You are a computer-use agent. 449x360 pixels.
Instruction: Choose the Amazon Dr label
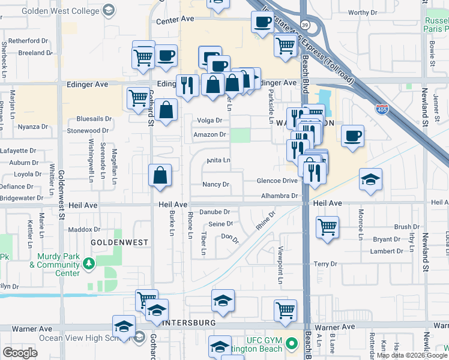coord(209,134)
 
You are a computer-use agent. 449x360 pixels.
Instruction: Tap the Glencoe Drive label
coord(277,181)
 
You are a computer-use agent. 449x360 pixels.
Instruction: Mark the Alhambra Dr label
coord(280,196)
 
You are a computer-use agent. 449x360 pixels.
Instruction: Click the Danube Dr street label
coord(215,212)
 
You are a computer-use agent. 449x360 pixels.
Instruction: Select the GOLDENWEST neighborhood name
coord(119,242)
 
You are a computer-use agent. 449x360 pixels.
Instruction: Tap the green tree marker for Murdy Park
coord(89,262)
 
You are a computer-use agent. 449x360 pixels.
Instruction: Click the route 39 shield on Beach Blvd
coord(306,24)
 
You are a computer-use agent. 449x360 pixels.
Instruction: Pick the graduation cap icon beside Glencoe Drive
coord(370,179)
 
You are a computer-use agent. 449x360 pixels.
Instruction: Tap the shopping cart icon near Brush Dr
coord(327,227)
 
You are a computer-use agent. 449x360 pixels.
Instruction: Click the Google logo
coord(20,353)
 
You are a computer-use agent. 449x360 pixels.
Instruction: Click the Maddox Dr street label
coord(84,229)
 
